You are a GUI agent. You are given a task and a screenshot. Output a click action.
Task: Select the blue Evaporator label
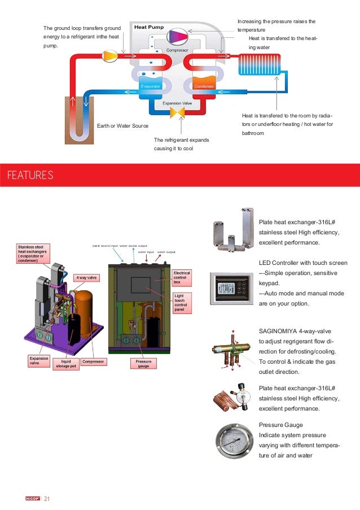[x=151, y=86]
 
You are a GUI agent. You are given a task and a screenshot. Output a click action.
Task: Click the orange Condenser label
[x=204, y=86]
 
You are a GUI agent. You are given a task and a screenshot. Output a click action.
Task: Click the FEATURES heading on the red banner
[x=29, y=175]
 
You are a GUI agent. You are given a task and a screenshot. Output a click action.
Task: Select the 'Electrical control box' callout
[x=182, y=277]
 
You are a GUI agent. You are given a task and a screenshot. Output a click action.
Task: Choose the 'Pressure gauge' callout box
[x=143, y=364]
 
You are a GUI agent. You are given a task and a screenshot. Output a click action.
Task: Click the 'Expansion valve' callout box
[x=39, y=360]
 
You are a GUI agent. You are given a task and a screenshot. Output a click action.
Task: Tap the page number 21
[x=47, y=498]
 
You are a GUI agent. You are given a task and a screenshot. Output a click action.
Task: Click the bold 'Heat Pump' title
[x=148, y=27]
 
